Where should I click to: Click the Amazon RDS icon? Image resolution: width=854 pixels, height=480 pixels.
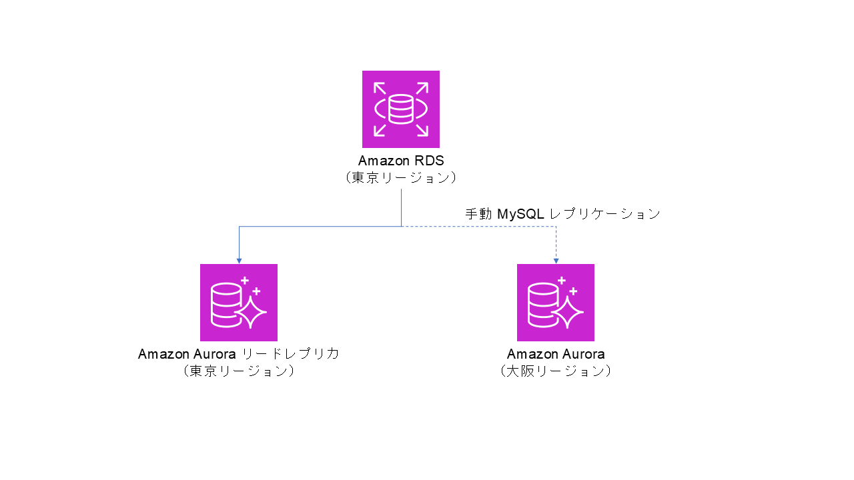point(400,109)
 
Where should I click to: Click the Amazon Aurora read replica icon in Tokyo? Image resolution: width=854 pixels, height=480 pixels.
point(239,302)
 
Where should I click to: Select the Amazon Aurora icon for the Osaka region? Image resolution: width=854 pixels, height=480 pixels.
point(556,302)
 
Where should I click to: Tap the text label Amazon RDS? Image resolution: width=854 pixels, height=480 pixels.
point(400,161)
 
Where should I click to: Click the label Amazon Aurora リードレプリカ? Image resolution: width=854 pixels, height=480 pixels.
point(239,354)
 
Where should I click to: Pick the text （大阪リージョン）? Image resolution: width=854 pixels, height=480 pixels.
point(556,371)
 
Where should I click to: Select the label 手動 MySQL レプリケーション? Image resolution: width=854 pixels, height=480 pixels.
point(562,214)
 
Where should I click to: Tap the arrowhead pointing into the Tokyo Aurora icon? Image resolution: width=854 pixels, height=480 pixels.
point(239,261)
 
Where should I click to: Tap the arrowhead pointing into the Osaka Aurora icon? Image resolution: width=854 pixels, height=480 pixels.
point(556,261)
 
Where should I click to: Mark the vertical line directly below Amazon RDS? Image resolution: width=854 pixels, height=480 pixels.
point(401,208)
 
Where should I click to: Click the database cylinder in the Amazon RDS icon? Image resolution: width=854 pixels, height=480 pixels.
point(400,109)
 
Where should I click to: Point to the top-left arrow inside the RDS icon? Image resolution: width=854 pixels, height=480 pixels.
point(380,88)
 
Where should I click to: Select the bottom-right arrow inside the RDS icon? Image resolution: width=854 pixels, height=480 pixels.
point(422,130)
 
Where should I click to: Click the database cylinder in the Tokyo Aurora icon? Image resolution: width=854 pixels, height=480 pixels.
point(226,305)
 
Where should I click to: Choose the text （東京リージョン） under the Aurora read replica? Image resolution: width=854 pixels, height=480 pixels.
point(239,371)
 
